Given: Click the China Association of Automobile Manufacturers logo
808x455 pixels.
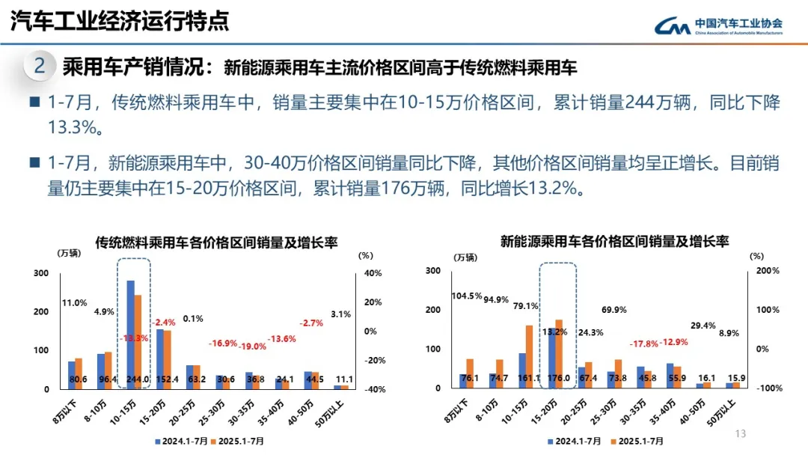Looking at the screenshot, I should pos(718,26).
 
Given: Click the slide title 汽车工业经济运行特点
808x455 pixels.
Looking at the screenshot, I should pos(120,22).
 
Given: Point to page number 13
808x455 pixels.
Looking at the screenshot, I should pos(741,434).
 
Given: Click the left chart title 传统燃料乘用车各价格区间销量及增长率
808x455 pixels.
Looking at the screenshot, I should pos(216,242).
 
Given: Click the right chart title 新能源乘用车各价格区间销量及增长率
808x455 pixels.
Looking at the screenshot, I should pos(614,241).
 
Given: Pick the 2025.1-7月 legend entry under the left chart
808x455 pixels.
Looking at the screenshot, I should pos(243,441).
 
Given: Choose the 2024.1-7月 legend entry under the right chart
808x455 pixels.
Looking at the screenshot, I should pos(575,441).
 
